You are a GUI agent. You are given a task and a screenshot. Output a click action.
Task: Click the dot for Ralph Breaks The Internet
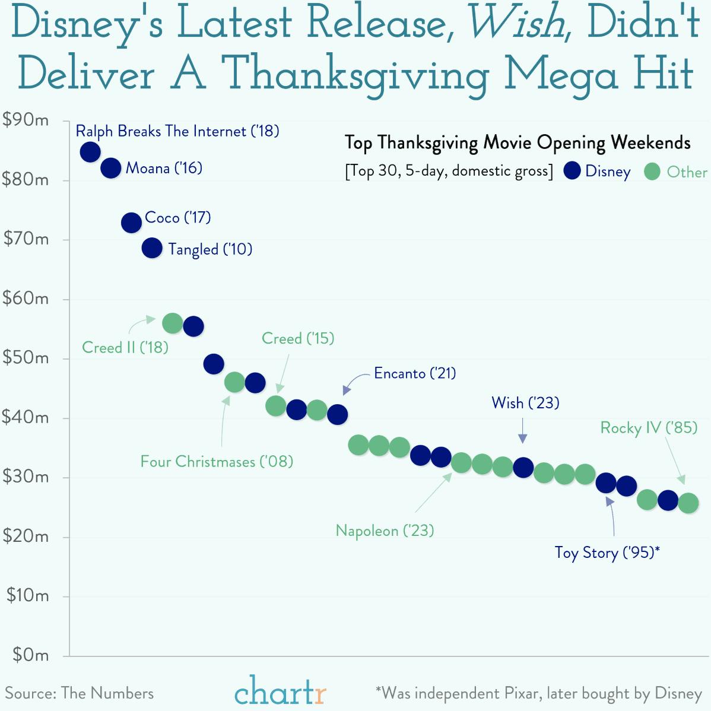coord(90,152)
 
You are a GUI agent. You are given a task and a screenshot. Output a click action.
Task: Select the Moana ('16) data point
coord(111,168)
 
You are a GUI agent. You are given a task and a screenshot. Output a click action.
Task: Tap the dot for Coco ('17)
coord(131,223)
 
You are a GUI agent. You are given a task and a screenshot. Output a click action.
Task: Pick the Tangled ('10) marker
coord(152,248)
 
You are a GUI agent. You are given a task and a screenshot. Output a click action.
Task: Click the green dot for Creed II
coord(173,323)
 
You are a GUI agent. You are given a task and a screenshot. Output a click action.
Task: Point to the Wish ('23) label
coord(525,403)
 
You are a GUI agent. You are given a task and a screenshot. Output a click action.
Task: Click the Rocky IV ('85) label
coord(649,428)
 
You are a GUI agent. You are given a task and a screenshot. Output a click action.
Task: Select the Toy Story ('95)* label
coord(607,553)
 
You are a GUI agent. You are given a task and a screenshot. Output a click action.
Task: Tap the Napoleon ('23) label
coord(385,531)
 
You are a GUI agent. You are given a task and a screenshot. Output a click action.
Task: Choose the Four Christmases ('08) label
coord(217,462)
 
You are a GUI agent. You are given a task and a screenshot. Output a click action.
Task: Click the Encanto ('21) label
coord(415,373)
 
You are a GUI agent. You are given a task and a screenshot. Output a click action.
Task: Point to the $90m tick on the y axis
coord(26,120)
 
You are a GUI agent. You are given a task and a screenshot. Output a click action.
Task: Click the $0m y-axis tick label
coord(30,655)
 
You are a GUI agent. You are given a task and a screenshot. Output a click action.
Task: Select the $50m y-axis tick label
coord(26,358)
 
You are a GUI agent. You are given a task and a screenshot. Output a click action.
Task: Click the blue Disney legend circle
coord(572,171)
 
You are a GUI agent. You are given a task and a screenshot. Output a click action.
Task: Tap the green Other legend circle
coord(652,172)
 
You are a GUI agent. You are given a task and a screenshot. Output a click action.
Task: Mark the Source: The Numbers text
coord(80,693)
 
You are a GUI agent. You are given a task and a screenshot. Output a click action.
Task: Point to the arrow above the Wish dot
coord(523,431)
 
